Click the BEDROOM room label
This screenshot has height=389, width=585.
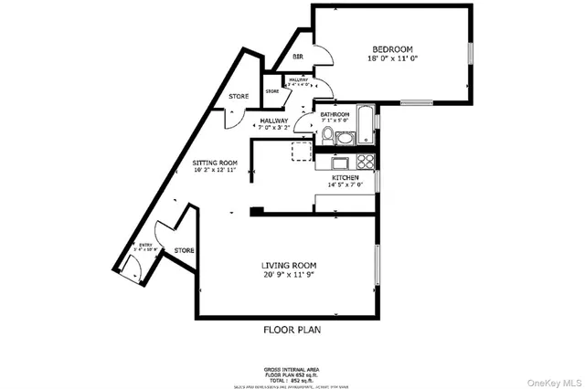[x=393, y=48]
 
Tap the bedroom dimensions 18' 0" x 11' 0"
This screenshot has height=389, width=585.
[x=393, y=58]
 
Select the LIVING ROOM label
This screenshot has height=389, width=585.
[x=289, y=265]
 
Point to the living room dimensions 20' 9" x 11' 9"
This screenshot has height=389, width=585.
[x=289, y=275]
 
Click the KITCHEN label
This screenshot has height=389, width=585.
[x=345, y=177]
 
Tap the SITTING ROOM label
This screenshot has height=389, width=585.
[x=215, y=162]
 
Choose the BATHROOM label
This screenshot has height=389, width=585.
[x=335, y=114]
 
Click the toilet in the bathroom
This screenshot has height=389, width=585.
[x=326, y=134]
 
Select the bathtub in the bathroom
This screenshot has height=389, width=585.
[x=365, y=126]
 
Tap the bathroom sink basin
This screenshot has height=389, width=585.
[x=345, y=139]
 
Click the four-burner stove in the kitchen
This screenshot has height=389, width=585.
[x=366, y=163]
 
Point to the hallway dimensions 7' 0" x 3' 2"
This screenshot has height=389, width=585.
[x=273, y=129]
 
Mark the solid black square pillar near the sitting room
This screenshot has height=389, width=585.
[x=258, y=212]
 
